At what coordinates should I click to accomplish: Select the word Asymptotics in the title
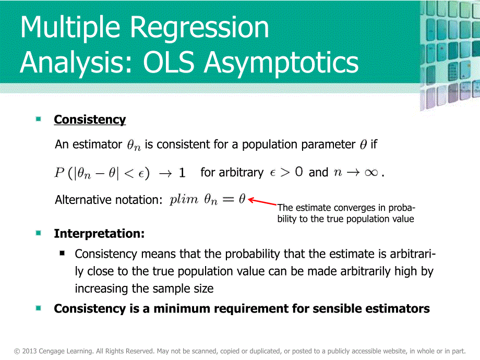282,63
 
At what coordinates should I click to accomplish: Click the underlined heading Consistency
90,119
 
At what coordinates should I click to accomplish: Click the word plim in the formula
184,200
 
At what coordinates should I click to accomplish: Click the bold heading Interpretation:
99,233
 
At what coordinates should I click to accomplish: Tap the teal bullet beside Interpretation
39,233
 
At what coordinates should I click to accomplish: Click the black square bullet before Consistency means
63,253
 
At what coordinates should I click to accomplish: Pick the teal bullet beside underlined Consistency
39,119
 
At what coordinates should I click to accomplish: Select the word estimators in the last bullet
400,308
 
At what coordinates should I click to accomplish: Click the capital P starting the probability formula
59,173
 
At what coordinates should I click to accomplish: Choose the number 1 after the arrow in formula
182,173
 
